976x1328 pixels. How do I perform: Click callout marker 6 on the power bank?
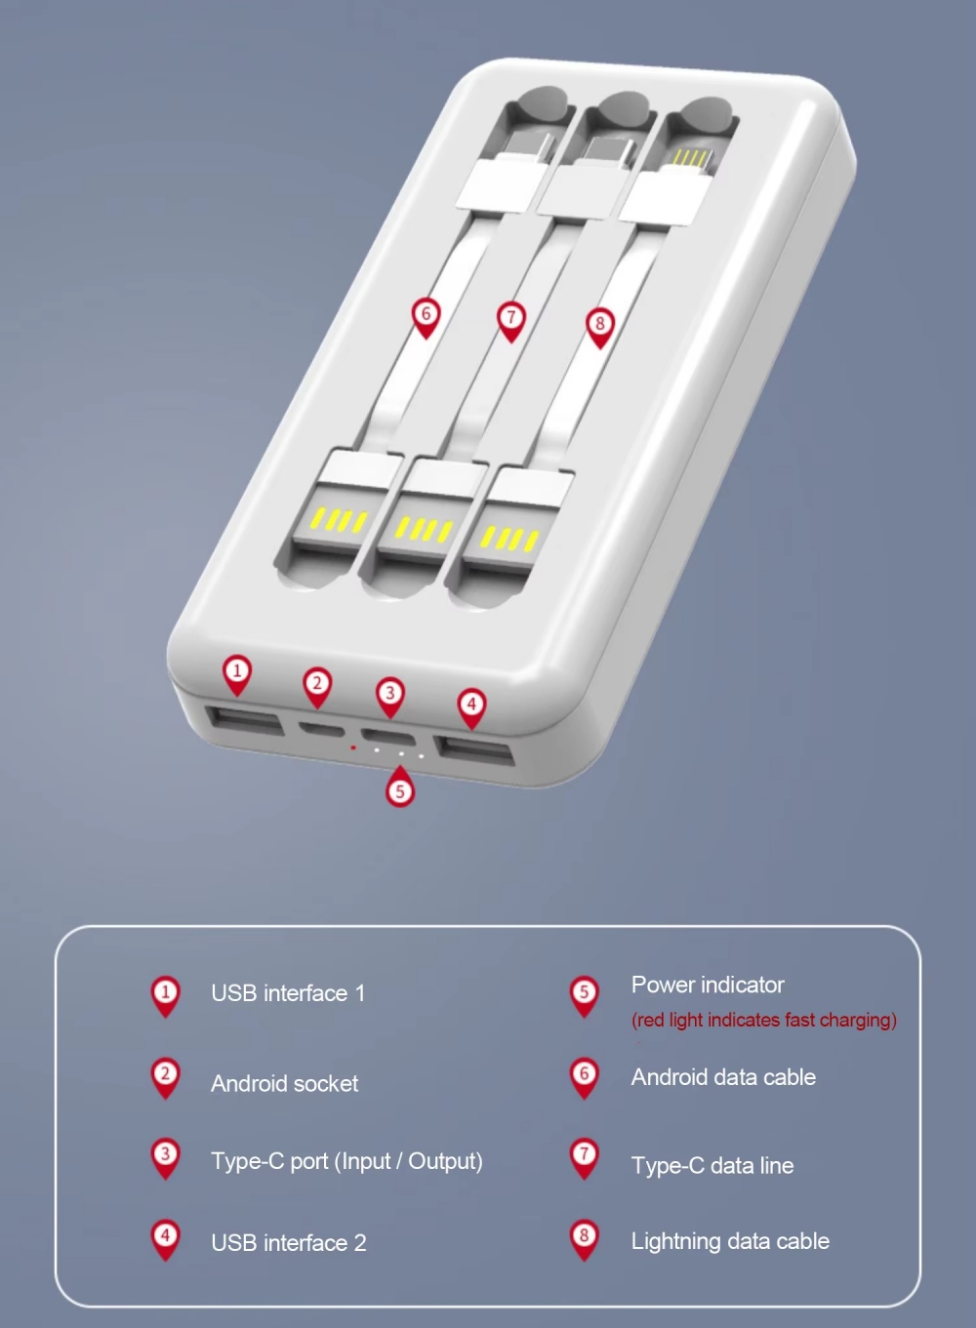pos(426,317)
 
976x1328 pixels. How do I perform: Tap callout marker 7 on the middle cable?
pos(511,321)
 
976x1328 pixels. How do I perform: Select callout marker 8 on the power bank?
pos(599,327)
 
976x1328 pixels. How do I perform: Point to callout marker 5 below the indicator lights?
pos(400,787)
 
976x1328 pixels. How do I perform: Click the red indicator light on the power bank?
pos(352,747)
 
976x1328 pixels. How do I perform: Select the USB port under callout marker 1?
pos(244,720)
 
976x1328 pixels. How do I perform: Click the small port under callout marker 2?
pos(321,729)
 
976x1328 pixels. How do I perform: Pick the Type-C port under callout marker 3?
pos(388,737)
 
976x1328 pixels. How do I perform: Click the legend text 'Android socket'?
pos(285,1084)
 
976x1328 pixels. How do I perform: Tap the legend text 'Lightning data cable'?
pos(730,1241)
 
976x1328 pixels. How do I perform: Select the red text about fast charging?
pos(764,1020)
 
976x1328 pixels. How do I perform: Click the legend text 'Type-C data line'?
pos(712,1166)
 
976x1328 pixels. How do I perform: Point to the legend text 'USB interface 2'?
pos(289,1243)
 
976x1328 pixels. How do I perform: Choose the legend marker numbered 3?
pos(166,1158)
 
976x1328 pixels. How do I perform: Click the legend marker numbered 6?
pos(584,1077)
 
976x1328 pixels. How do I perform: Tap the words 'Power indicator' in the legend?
pos(708,985)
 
